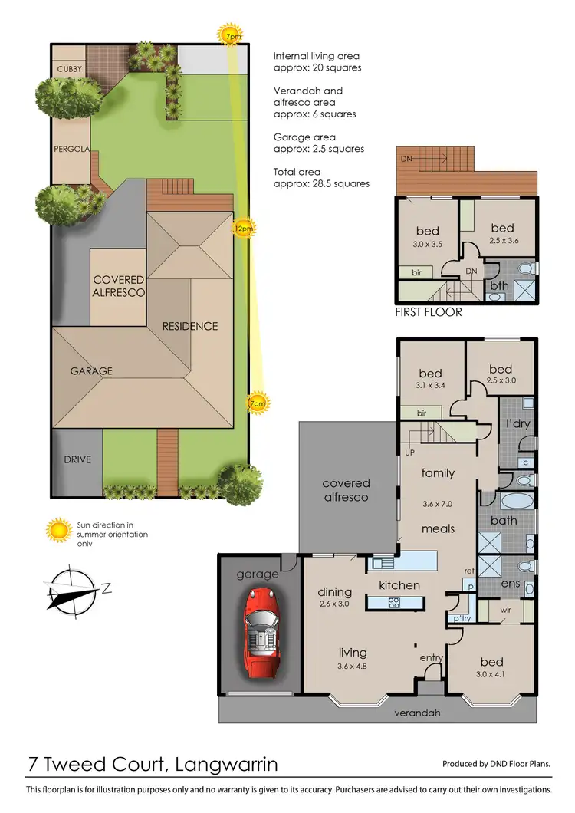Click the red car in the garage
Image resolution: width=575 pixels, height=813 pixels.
(261, 634)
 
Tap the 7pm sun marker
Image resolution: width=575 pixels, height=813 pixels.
(229, 36)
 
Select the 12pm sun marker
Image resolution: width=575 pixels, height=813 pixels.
(244, 228)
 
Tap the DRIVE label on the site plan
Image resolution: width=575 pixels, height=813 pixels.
(77, 459)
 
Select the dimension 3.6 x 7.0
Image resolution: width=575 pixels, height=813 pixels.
(438, 505)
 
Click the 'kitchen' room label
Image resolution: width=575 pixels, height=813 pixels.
(399, 585)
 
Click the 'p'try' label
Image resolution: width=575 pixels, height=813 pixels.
(462, 618)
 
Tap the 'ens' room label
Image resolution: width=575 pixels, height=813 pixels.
(511, 583)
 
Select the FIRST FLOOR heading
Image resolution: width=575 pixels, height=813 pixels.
(429, 312)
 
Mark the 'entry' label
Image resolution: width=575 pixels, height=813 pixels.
(432, 657)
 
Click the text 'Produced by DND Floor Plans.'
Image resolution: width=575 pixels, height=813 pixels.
(496, 764)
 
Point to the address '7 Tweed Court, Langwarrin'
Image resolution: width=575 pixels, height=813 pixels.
(153, 764)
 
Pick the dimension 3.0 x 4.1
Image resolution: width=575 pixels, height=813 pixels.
(492, 676)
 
